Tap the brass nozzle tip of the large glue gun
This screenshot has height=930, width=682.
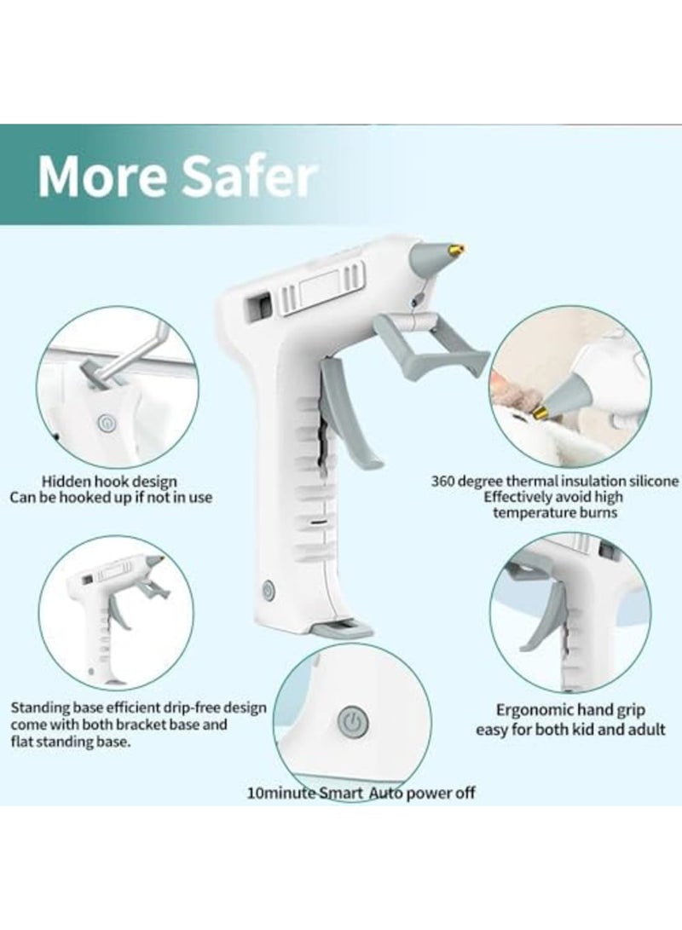(x=457, y=250)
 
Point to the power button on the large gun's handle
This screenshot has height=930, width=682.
(x=269, y=589)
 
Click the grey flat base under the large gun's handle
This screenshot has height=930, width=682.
(x=341, y=630)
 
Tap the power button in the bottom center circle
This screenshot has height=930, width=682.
(x=350, y=721)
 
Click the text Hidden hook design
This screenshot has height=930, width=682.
(x=109, y=482)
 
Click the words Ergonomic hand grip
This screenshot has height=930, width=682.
(x=570, y=709)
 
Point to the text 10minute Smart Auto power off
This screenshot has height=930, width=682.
(x=361, y=793)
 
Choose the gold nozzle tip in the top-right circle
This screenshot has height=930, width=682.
(x=540, y=413)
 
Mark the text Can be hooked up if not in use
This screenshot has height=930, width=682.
(x=111, y=497)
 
